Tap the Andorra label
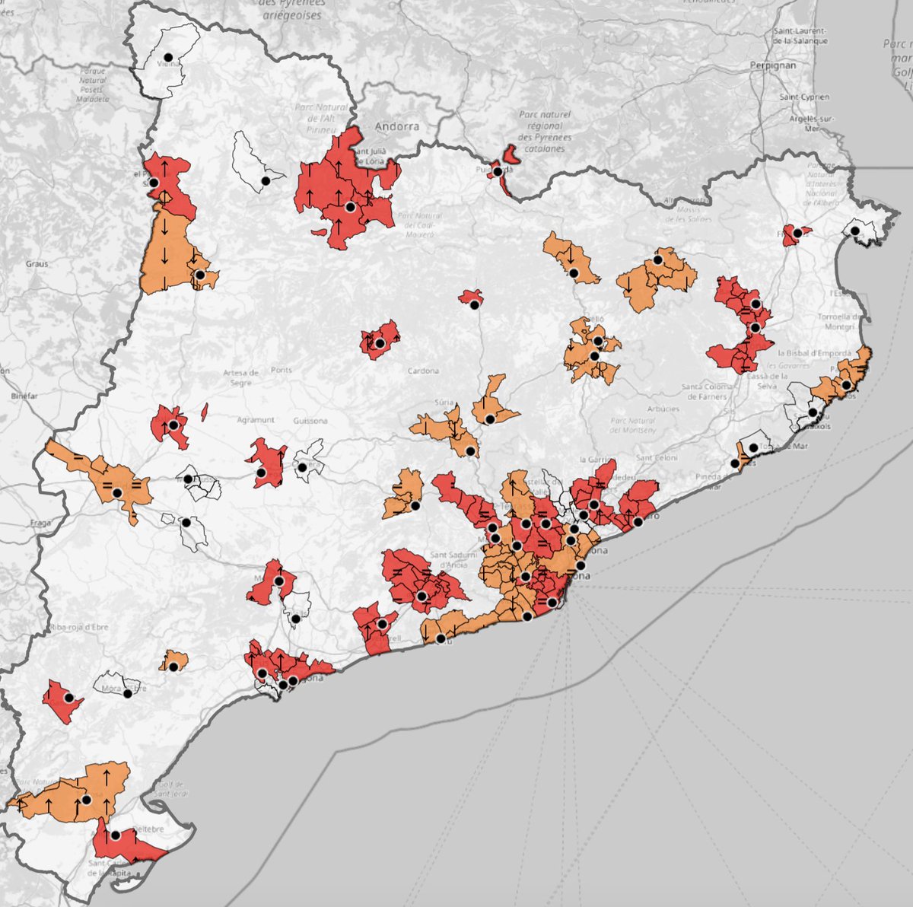click(398, 126)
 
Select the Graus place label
click(36, 264)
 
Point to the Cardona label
click(423, 371)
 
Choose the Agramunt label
click(255, 420)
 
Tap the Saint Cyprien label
click(804, 97)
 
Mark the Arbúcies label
click(663, 409)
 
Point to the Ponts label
click(281, 371)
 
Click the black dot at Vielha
click(167, 56)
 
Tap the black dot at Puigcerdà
click(498, 172)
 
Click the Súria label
click(443, 402)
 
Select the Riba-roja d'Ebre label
click(80, 627)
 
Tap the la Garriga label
click(595, 459)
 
